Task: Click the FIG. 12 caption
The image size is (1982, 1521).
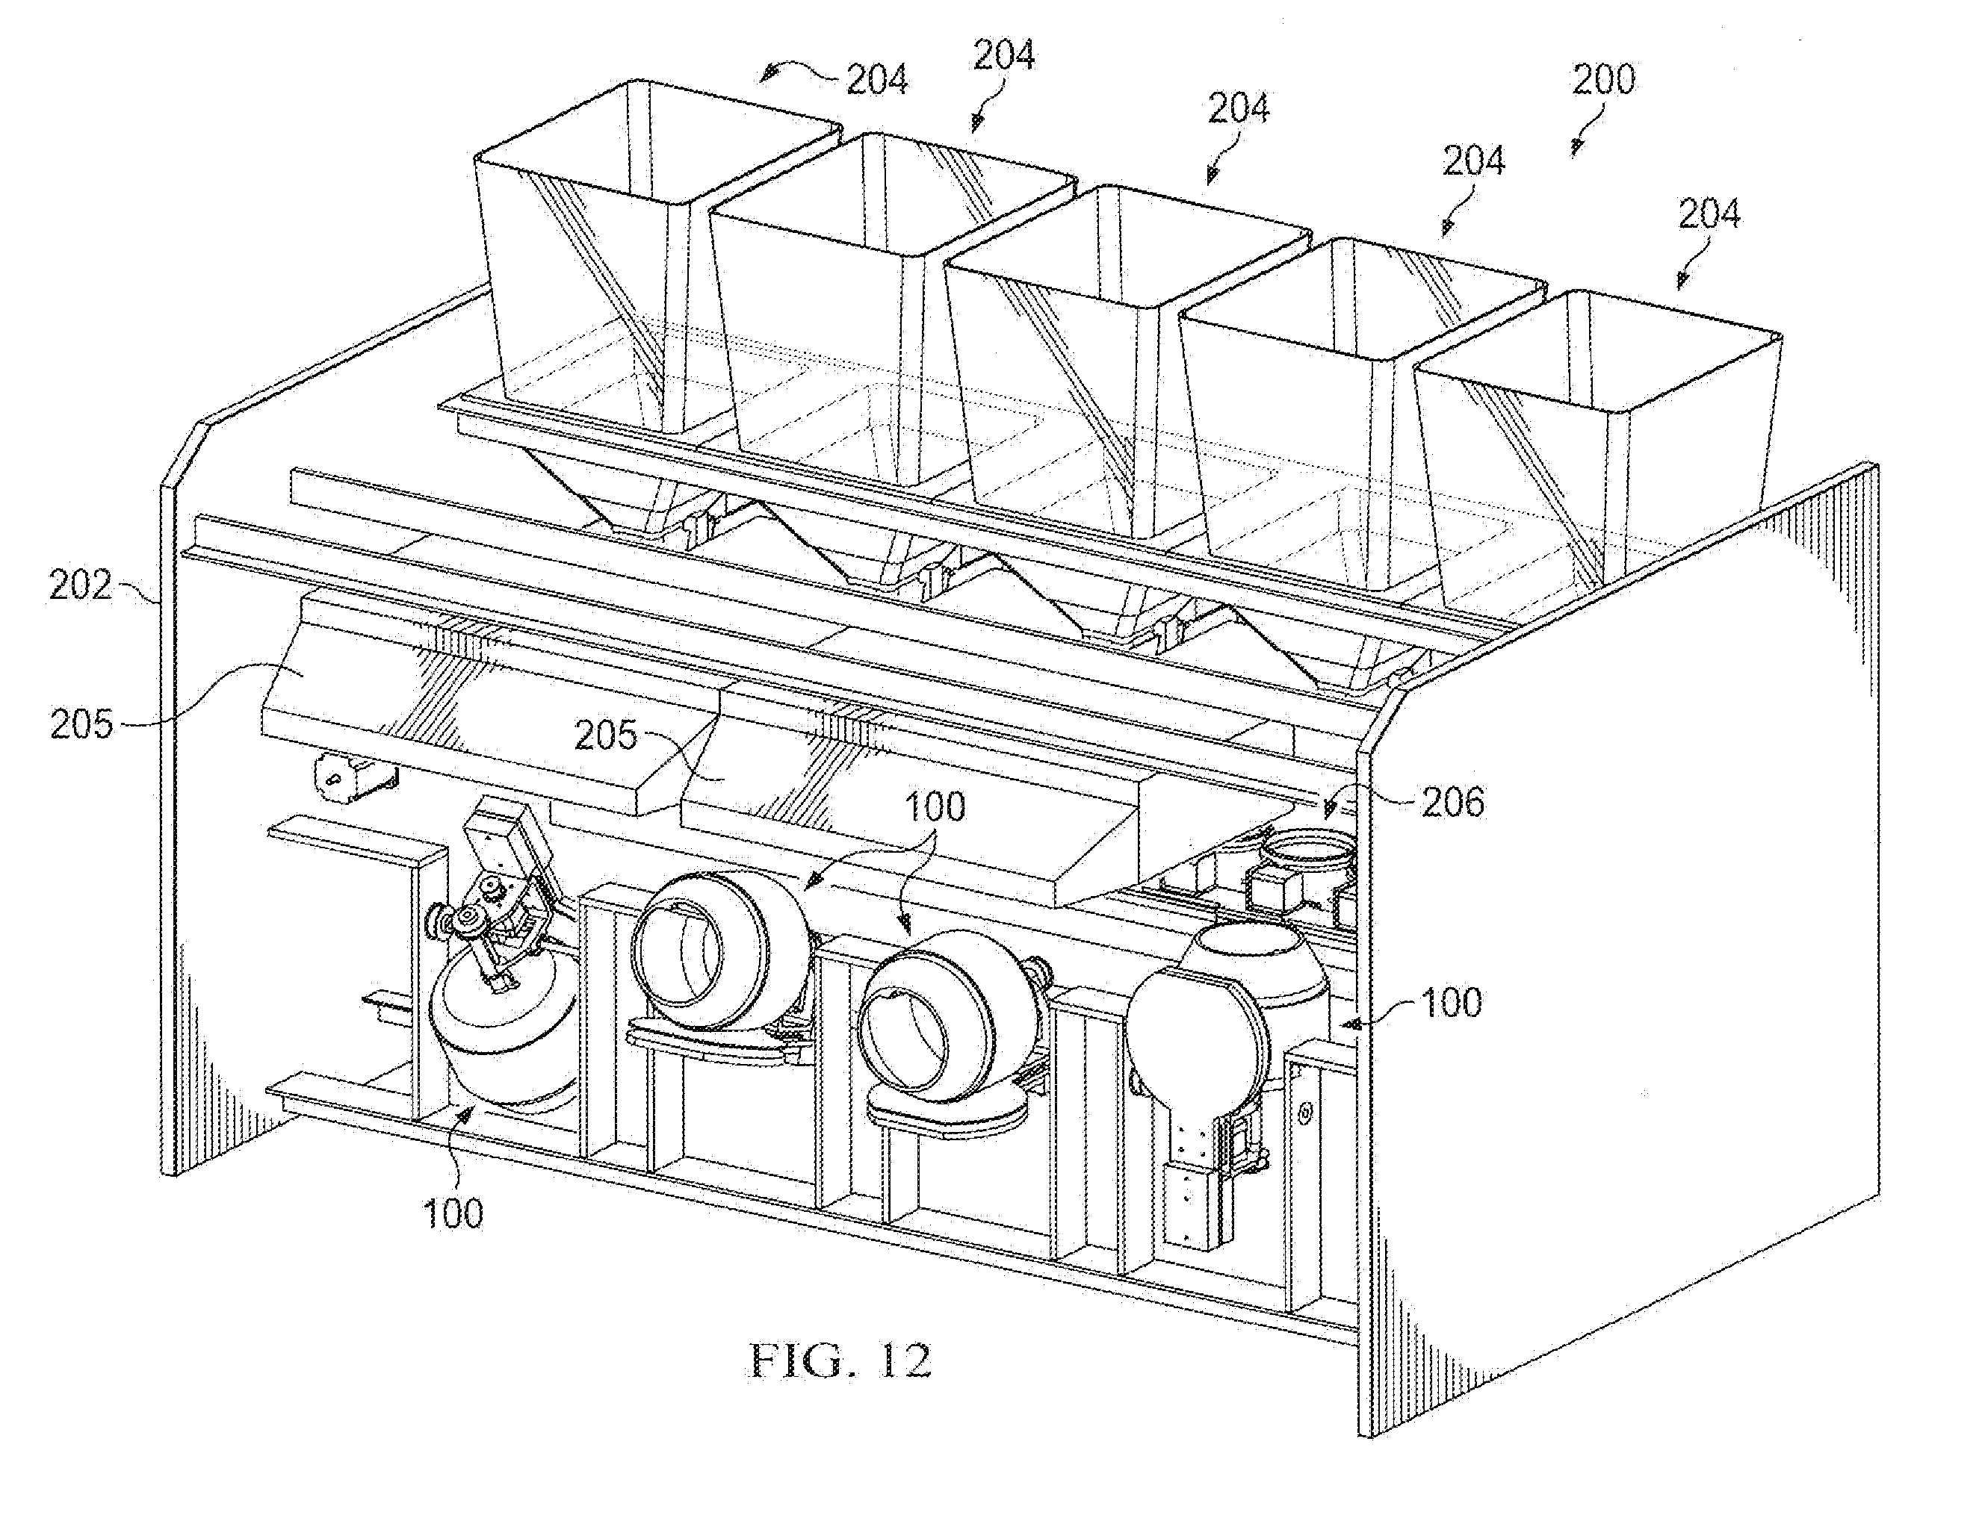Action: (x=840, y=1360)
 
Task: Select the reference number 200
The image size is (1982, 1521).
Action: (x=1603, y=81)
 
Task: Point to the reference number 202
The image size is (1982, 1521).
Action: (x=81, y=585)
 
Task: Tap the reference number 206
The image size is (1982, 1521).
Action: (x=1452, y=802)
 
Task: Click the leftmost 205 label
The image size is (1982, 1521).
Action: (x=81, y=724)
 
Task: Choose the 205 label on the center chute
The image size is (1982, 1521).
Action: (x=605, y=735)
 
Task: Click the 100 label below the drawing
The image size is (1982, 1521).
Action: (x=453, y=1213)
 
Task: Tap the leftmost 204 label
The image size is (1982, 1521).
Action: (x=877, y=81)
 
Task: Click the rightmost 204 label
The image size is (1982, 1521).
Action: (x=1709, y=214)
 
